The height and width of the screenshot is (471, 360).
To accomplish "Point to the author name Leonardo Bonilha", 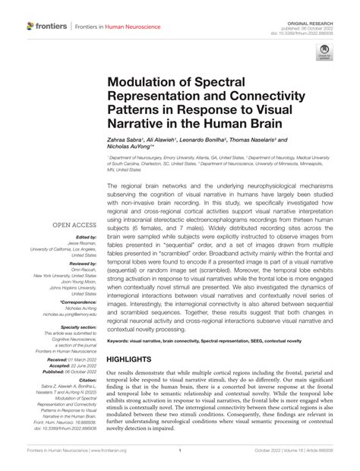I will (x=216, y=141).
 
